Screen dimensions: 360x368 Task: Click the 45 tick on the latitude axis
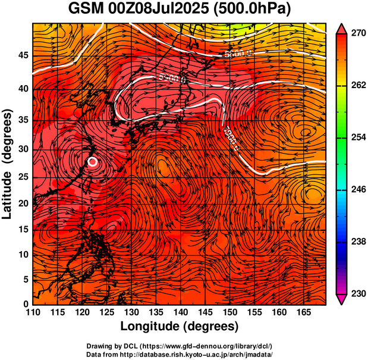(x=23, y=55)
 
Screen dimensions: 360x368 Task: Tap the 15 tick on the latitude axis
(x=23, y=230)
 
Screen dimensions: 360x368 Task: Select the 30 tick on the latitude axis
(x=23, y=149)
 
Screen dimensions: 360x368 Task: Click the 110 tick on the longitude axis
(x=33, y=312)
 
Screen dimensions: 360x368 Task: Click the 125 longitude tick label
(x=106, y=312)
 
